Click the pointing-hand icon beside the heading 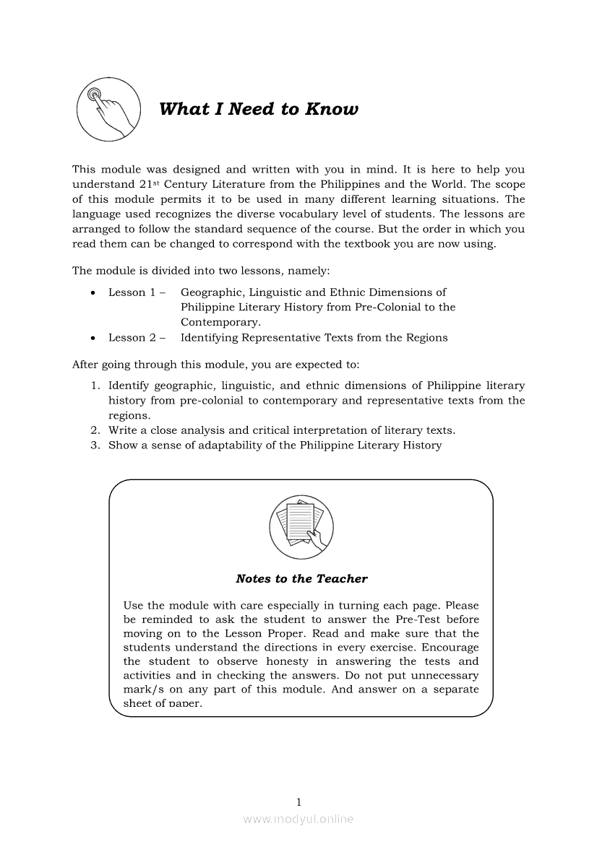(x=108, y=110)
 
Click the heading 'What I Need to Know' (x=258, y=110)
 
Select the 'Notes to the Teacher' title (x=301, y=579)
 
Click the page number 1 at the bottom (x=298, y=801)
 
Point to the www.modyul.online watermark (x=298, y=819)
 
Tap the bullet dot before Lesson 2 (x=93, y=338)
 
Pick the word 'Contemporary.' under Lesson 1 (x=220, y=323)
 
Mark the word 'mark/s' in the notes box (x=141, y=689)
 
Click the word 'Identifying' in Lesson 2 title (x=209, y=338)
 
